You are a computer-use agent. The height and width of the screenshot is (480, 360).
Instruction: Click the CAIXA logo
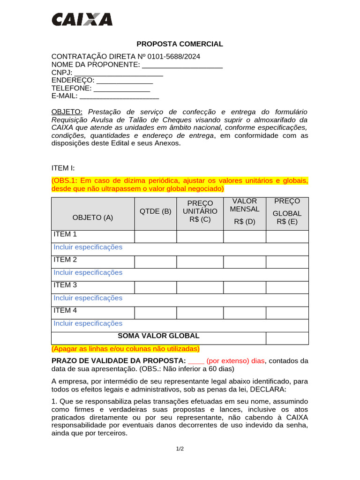(82, 19)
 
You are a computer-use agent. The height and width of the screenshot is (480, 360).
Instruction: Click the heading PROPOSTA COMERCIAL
(180, 44)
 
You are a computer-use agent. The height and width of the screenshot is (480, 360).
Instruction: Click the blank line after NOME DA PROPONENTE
(182, 65)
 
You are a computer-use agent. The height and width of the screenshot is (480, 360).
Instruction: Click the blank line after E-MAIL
(119, 96)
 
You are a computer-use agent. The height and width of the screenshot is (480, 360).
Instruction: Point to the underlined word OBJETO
(67, 112)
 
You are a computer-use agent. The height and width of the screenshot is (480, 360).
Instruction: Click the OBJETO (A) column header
(93, 217)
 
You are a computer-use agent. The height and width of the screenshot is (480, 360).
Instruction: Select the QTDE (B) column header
(156, 211)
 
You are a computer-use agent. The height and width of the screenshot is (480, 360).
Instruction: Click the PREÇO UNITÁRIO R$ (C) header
(200, 211)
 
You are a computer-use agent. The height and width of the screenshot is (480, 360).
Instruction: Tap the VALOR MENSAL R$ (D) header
(245, 211)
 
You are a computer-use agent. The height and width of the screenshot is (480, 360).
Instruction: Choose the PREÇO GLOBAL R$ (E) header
(287, 211)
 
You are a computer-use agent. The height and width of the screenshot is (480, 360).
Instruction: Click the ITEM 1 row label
(65, 234)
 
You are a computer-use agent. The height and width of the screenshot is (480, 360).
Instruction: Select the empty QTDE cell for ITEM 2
(156, 262)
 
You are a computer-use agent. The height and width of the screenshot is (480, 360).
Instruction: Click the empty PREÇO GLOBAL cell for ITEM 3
(287, 287)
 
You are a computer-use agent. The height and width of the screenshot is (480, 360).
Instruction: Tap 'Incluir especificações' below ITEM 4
(88, 323)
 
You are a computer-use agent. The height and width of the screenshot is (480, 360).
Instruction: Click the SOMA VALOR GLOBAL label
(158, 336)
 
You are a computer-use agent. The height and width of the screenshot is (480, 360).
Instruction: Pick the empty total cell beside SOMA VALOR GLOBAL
(287, 338)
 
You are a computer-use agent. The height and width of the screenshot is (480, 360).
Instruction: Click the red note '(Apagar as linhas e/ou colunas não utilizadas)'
(126, 349)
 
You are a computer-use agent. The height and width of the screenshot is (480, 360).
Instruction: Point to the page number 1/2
(180, 449)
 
